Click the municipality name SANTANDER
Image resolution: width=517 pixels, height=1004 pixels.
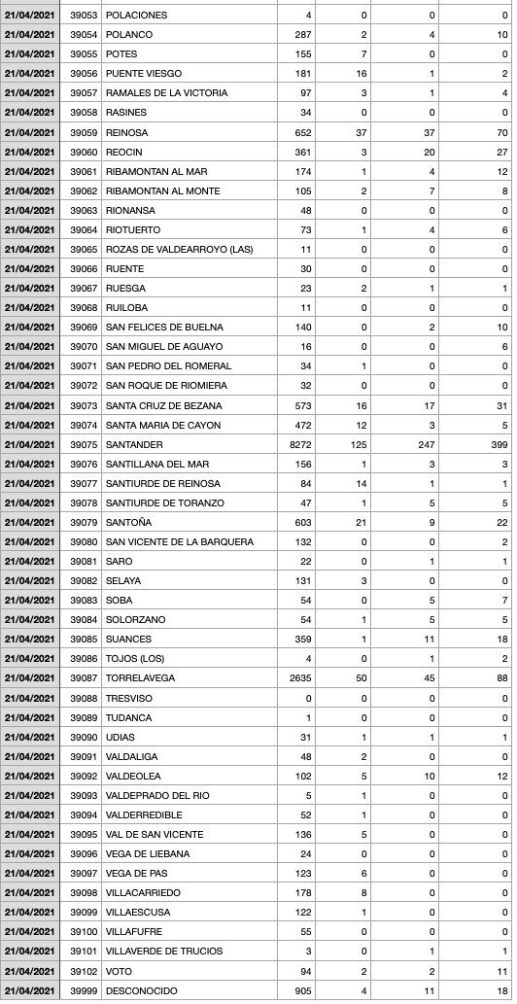[137, 444]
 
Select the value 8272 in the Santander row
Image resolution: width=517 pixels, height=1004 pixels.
[298, 444]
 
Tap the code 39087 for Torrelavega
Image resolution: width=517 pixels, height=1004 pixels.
[85, 678]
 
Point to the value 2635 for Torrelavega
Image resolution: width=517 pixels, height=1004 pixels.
[299, 678]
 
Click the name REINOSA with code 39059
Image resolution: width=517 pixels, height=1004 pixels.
[127, 132]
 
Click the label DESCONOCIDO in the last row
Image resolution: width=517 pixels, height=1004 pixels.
[141, 990]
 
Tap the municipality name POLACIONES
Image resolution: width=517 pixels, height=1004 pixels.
[136, 16]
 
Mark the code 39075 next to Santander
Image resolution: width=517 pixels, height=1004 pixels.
[85, 444]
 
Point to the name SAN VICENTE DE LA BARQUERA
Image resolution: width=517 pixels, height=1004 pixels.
[180, 541]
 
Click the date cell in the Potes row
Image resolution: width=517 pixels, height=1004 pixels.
[29, 54]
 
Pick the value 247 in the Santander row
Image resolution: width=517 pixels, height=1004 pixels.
[425, 444]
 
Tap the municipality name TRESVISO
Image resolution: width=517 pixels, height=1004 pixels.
[129, 698]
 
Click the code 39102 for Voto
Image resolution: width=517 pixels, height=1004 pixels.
[85, 971]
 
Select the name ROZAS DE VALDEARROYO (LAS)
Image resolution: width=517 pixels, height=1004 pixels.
[179, 249]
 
